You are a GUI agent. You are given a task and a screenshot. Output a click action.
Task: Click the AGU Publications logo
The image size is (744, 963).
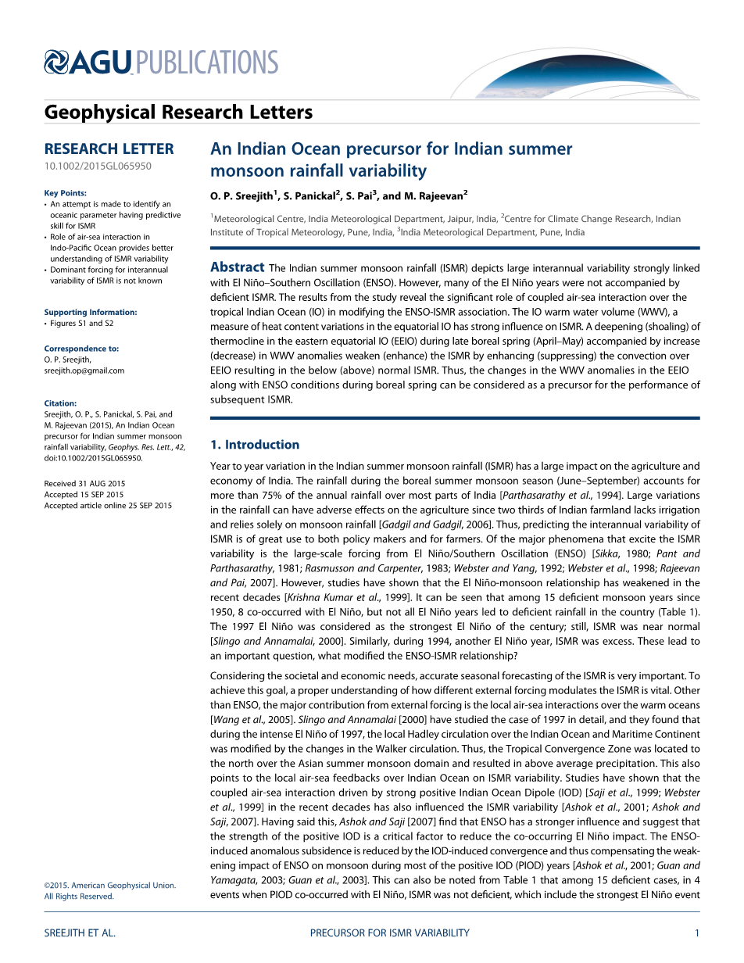coord(161,63)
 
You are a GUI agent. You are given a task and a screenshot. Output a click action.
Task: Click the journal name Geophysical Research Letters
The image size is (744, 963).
coord(178,113)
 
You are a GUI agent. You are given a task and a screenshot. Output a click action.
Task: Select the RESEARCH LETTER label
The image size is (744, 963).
coord(109,149)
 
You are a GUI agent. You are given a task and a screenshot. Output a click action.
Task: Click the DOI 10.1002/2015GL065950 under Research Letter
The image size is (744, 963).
coord(98,166)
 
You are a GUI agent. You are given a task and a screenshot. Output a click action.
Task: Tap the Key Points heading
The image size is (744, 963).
coord(66,193)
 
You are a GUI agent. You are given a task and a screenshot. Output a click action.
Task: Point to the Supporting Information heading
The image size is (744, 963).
coord(91,312)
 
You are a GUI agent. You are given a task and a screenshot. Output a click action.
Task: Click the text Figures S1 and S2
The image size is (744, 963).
coord(82,323)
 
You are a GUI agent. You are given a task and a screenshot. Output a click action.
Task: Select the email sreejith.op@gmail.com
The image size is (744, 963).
coord(84,371)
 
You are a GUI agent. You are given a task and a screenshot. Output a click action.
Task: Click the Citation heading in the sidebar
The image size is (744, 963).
coord(60,403)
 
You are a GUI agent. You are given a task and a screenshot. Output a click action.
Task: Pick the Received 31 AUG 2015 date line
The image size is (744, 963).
coord(84,484)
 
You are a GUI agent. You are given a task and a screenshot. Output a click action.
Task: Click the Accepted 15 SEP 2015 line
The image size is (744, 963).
coord(84,495)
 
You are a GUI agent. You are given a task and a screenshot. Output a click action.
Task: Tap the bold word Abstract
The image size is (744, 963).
coord(237,267)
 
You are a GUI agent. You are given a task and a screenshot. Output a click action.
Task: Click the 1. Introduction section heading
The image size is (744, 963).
coord(255,445)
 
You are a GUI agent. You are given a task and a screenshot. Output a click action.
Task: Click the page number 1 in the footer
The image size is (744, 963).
coord(696,933)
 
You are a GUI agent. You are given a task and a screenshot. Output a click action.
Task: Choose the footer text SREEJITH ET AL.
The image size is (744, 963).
coord(80,933)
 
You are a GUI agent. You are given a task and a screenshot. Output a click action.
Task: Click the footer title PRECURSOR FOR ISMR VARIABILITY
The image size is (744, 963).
coord(390,933)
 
